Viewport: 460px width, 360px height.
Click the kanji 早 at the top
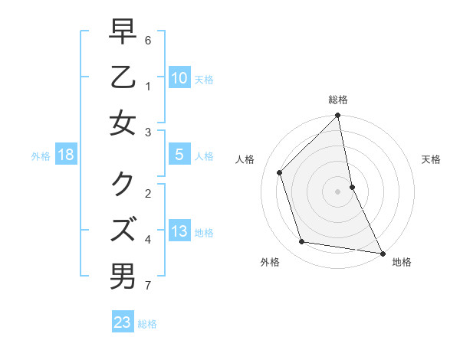pyautogui.click(x=123, y=31)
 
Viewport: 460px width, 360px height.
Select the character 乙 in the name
pyautogui.click(x=123, y=77)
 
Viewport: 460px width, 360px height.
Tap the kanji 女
pyautogui.click(x=123, y=123)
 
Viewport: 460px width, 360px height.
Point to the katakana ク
pyautogui.click(x=123, y=182)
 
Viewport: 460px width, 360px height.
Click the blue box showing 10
pyautogui.click(x=179, y=77)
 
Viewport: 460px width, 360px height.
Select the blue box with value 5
pyautogui.click(x=179, y=154)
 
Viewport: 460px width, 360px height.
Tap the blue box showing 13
pyautogui.click(x=179, y=231)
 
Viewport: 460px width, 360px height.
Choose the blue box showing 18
pyautogui.click(x=66, y=154)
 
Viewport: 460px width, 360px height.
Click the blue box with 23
pyautogui.click(x=123, y=322)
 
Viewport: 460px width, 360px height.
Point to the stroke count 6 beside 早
pyautogui.click(x=147, y=39)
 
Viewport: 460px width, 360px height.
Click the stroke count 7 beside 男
pyautogui.click(x=147, y=286)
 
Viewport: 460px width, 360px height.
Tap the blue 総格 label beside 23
pyautogui.click(x=147, y=324)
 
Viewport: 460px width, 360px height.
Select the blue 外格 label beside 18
pyautogui.click(x=41, y=156)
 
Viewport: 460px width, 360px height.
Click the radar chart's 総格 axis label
pyautogui.click(x=338, y=100)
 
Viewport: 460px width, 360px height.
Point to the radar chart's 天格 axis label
pyautogui.click(x=431, y=159)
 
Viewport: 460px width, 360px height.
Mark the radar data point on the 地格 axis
pyautogui.click(x=382, y=253)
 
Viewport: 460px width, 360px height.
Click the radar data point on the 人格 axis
pyautogui.click(x=280, y=172)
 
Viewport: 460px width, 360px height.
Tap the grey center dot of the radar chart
pyautogui.click(x=337, y=191)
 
